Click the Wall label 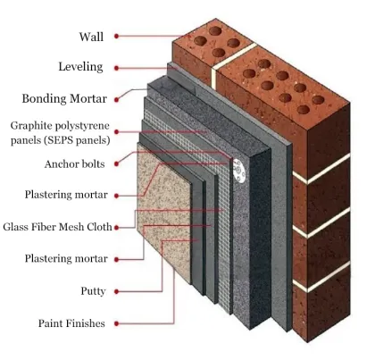pos(91,37)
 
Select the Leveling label pos(80,67)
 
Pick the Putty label pos(93,291)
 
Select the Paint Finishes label pos(71,322)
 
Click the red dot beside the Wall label pos(117,37)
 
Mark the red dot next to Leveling pos(117,67)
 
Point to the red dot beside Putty pos(117,291)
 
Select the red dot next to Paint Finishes pos(117,322)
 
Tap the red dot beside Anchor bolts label pos(117,164)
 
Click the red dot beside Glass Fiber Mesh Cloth pos(117,227)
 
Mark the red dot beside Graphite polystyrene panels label pos(117,133)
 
